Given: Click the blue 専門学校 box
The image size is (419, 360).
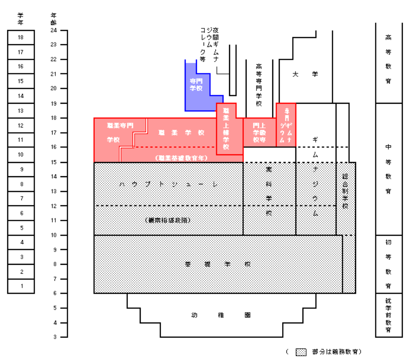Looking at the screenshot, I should (196, 84).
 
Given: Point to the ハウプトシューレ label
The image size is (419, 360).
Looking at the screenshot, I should (168, 184).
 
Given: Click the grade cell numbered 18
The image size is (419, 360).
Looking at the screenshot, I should (21, 37).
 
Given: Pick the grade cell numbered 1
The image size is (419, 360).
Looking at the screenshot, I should (21, 286).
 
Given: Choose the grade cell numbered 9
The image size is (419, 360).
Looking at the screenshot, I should (21, 169).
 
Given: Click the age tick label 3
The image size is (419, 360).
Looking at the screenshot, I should (54, 337).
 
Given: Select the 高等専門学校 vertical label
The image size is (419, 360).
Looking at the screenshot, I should (259, 85).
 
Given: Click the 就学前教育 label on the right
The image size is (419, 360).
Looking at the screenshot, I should (388, 315).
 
